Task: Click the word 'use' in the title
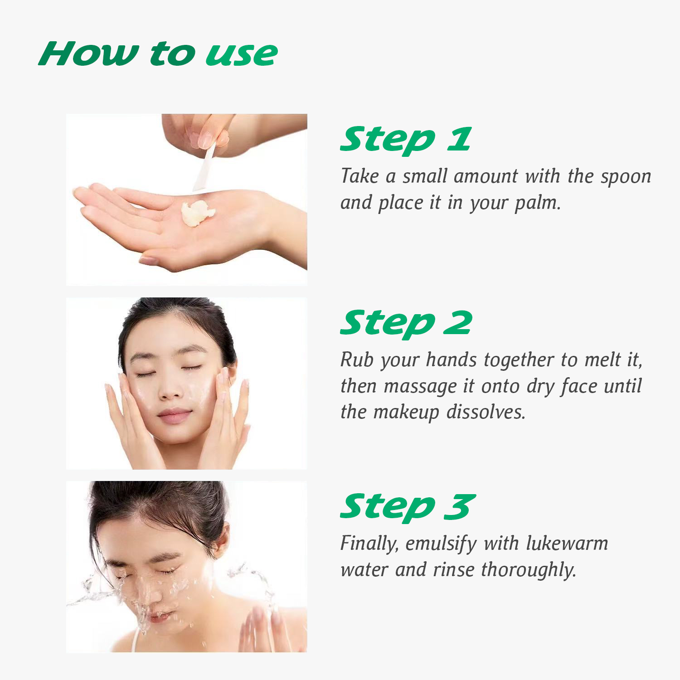242,54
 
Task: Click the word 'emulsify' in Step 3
441,544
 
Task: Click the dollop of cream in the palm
197,213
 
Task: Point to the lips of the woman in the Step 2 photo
174,415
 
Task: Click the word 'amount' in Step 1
486,176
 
